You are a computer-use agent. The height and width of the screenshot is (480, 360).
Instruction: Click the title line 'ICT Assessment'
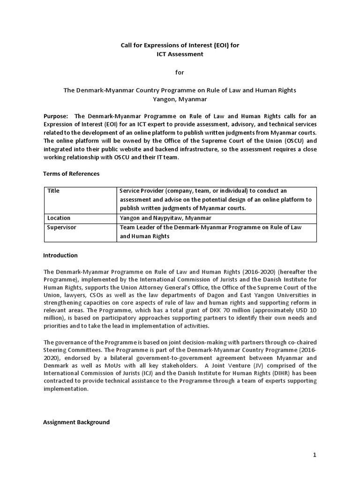pyautogui.click(x=180, y=54)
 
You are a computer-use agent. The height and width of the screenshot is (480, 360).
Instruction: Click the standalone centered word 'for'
pyautogui.click(x=180, y=72)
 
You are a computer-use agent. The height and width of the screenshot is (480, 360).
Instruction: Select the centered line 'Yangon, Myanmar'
pyautogui.click(x=180, y=99)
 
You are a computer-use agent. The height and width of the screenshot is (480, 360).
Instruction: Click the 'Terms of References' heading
pyautogui.click(x=71, y=173)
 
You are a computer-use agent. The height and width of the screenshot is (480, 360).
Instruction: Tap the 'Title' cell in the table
pyautogui.click(x=53, y=191)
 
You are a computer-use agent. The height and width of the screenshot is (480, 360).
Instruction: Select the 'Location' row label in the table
pyautogui.click(x=59, y=218)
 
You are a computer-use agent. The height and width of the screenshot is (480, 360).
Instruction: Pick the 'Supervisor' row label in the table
pyautogui.click(x=61, y=227)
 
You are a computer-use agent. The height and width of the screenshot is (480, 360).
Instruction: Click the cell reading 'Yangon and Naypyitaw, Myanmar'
pyautogui.click(x=165, y=218)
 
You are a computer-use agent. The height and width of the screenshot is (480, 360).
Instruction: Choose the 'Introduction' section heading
pyautogui.click(x=60, y=255)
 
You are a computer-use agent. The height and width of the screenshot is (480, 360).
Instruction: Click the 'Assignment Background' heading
pyautogui.click(x=76, y=422)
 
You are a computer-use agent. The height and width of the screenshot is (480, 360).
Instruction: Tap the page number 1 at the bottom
pyautogui.click(x=315, y=456)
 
